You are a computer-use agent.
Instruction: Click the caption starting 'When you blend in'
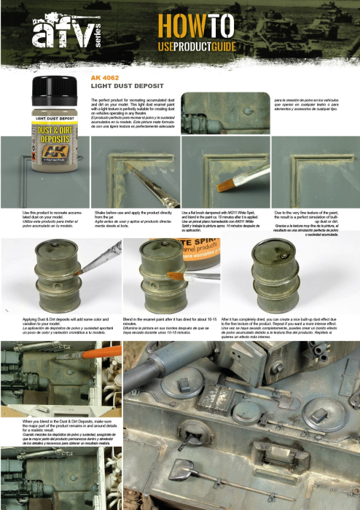point(61,429)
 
